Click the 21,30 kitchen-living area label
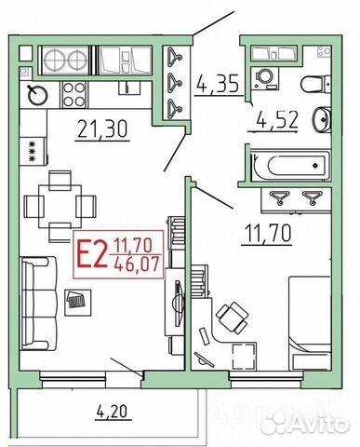pyautogui.click(x=102, y=129)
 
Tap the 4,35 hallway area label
pyautogui.click(x=218, y=84)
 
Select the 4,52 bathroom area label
pyautogui.click(x=277, y=119)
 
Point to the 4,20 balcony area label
pyautogui.click(x=112, y=413)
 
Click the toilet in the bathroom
pyautogui.click(x=315, y=84)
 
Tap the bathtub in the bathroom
pyautogui.click(x=290, y=165)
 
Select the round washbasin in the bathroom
pyautogui.click(x=322, y=119)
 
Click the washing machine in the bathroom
pyautogui.click(x=265, y=77)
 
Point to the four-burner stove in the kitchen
pyautogui.click(x=74, y=94)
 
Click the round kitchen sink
pyautogui.click(x=38, y=94)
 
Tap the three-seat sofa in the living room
pyautogui.click(x=38, y=304)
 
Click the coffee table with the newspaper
pyautogui.click(x=77, y=303)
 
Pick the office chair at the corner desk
pyautogui.click(x=233, y=318)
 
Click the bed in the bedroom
pyautogui.click(x=310, y=323)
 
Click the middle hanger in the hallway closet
pyautogui.click(x=174, y=83)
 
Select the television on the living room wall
pyautogui.click(x=179, y=303)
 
